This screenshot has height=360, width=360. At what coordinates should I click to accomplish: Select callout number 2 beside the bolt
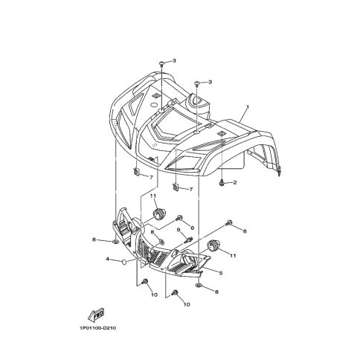(x=235, y=183)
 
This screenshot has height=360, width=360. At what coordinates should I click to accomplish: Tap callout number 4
(x=107, y=259)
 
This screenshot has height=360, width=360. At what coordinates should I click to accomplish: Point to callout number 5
(x=221, y=273)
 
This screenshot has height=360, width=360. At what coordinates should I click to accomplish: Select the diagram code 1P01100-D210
(x=97, y=328)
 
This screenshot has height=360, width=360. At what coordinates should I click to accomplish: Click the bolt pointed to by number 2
(x=222, y=183)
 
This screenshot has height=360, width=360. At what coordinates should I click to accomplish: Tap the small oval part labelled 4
(x=124, y=262)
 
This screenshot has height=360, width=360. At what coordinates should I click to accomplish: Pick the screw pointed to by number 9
(x=190, y=240)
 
